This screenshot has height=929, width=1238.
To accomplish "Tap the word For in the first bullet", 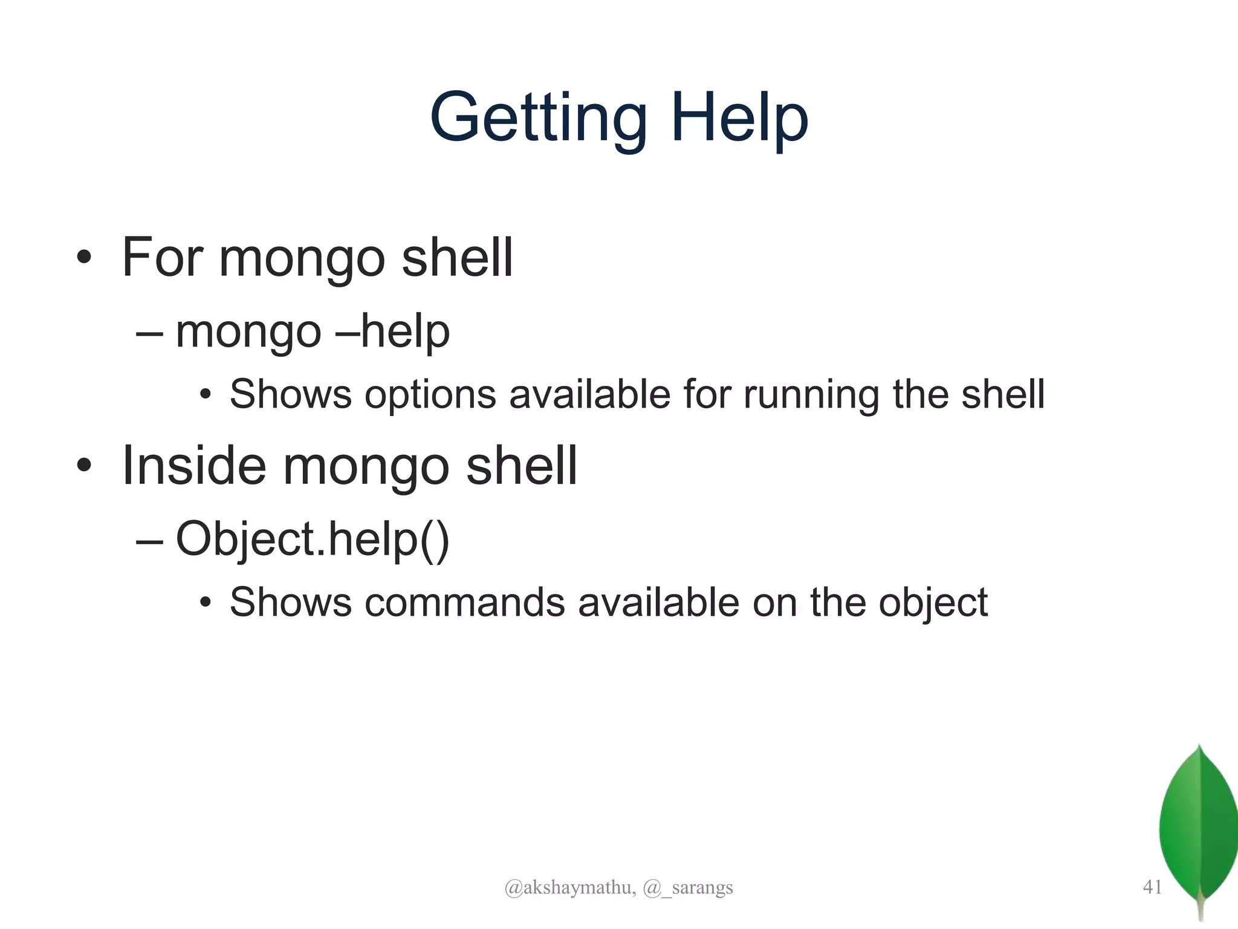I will (162, 257).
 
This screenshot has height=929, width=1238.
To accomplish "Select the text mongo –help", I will (313, 332).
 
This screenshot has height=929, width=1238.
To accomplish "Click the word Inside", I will (194, 465).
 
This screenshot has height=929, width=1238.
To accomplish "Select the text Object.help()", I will (313, 539).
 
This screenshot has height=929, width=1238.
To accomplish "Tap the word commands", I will (464, 602).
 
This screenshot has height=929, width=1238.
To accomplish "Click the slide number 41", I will (1152, 887).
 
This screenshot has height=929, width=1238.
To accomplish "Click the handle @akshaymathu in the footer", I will (569, 887).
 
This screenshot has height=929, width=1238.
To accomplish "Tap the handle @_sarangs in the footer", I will (688, 887).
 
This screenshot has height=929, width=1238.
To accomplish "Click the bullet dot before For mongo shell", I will (84, 258).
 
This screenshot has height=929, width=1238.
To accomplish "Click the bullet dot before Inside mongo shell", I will (84, 466).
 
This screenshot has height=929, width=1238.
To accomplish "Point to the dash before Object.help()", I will (149, 540).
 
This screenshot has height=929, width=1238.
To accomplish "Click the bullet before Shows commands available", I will (206, 603).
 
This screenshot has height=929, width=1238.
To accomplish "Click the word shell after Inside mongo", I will (522, 465).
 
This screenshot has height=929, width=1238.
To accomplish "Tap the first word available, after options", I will (590, 395).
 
